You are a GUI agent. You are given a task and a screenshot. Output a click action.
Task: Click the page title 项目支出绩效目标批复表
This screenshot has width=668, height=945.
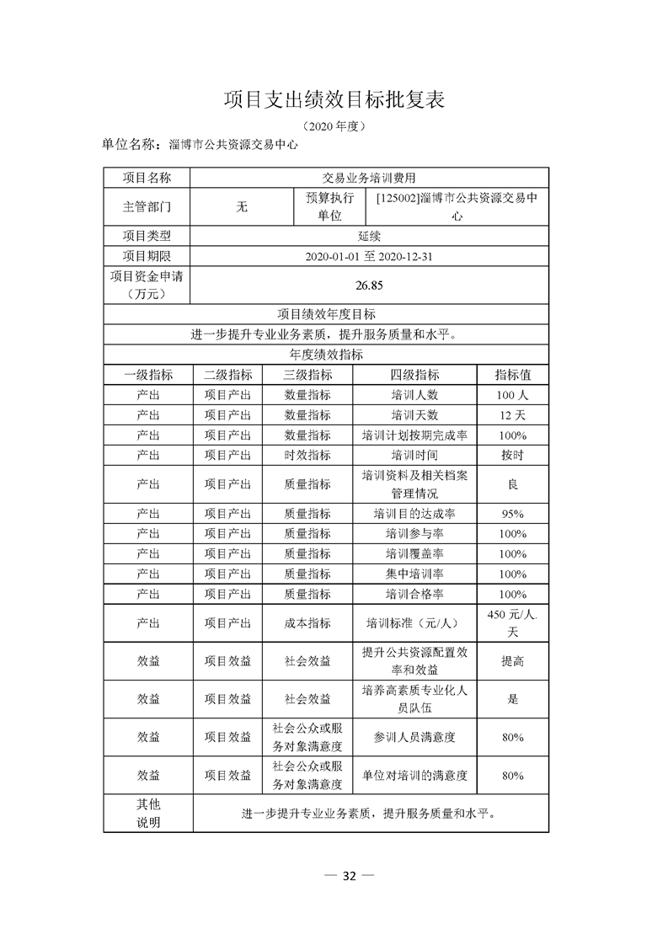(334, 99)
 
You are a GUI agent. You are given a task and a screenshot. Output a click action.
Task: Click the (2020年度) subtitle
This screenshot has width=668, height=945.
(334, 126)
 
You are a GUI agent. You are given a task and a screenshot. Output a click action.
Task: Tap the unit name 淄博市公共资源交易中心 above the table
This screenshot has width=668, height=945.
(233, 144)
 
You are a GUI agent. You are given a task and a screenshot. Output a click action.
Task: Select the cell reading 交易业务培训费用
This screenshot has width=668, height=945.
(370, 178)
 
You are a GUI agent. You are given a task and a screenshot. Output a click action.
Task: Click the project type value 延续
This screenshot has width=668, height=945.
(370, 236)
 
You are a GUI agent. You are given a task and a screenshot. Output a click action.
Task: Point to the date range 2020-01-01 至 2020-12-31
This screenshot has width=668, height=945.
(370, 256)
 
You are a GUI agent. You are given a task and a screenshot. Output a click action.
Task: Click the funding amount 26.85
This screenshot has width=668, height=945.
(370, 286)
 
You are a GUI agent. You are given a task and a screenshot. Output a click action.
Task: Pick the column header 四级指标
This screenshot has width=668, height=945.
(414, 375)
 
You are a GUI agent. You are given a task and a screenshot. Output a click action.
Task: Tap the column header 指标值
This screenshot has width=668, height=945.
(512, 375)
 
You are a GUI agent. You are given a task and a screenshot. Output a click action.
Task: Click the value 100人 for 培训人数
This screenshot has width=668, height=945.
(512, 394)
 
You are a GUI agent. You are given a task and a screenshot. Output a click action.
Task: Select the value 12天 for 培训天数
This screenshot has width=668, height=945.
(512, 414)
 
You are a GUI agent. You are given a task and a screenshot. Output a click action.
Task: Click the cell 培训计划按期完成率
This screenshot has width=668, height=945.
(414, 435)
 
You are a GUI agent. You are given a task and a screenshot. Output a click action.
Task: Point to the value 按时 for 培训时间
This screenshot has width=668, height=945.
(512, 455)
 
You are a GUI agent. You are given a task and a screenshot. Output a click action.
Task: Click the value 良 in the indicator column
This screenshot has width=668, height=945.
(512, 484)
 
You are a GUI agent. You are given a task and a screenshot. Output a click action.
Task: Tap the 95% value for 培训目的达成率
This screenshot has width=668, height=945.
(512, 514)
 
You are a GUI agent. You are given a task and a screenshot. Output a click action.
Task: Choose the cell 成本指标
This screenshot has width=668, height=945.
(307, 623)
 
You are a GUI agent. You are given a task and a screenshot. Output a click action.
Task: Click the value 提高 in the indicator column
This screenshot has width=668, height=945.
(512, 661)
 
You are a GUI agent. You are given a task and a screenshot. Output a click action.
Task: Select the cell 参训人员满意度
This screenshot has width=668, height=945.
(414, 737)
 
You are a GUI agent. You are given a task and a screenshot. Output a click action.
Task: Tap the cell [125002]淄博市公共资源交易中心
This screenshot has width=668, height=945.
(457, 206)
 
